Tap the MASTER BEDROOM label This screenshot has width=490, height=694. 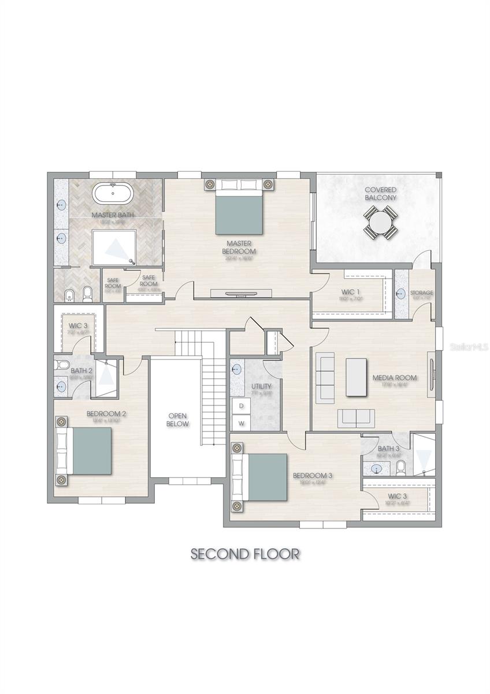coord(241,248)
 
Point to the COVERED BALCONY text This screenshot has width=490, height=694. coord(381,194)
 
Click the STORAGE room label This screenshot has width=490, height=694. coord(421,293)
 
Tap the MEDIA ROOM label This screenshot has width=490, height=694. coord(395,378)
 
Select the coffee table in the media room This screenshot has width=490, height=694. coord(357,377)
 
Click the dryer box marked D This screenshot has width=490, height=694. coord(241,406)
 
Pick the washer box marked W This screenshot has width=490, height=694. coord(241,423)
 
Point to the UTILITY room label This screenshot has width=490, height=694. coord(261,386)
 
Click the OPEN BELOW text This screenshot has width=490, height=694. coord(178,420)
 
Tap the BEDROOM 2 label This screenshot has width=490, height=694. coord(106,414)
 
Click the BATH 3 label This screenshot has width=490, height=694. coord(388,449)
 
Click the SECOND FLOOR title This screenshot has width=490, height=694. coord(245,553)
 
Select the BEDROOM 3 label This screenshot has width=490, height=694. coord(312,476)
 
